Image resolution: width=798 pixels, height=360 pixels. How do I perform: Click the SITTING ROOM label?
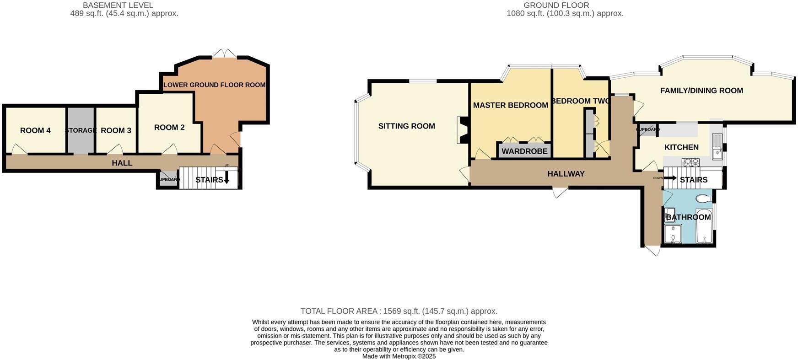(x=406, y=126)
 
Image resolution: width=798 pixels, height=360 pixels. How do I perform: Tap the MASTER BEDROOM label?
(x=510, y=105)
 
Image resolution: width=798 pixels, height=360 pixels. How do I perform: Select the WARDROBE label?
(x=524, y=151)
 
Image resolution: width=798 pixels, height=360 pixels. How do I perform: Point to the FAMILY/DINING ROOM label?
(x=701, y=91)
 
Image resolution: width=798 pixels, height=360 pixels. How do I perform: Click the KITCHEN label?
(x=681, y=147)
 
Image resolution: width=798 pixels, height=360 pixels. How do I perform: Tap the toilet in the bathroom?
(x=703, y=199)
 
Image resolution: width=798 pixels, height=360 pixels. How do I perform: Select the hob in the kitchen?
(x=690, y=162)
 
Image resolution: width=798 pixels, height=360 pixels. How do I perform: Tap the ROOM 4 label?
(x=35, y=131)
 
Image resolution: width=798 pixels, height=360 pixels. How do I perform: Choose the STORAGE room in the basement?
(x=81, y=131)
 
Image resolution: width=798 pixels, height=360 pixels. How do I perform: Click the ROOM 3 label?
(x=116, y=131)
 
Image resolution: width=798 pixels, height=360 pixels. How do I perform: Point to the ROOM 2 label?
(x=169, y=128)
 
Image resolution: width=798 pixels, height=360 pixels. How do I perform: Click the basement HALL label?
(x=122, y=163)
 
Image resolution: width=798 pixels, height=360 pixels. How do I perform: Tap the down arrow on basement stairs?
(x=226, y=180)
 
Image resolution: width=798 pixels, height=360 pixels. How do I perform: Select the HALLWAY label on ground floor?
(x=566, y=174)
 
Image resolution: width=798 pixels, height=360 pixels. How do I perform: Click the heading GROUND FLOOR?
(x=556, y=5)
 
